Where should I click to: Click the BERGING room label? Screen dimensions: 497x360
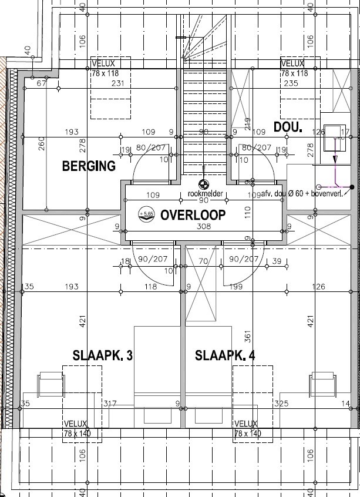pyautogui.click(x=89, y=166)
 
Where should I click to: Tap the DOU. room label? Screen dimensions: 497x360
pyautogui.click(x=288, y=127)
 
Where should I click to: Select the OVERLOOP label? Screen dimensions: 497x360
pyautogui.click(x=192, y=215)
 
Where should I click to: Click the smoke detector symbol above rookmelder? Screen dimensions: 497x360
pyautogui.click(x=203, y=184)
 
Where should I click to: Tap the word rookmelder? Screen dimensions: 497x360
pyautogui.click(x=203, y=193)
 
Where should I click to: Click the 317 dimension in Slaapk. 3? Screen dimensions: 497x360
pyautogui.click(x=109, y=404)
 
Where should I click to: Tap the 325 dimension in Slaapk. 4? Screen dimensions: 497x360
pyautogui.click(x=281, y=404)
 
